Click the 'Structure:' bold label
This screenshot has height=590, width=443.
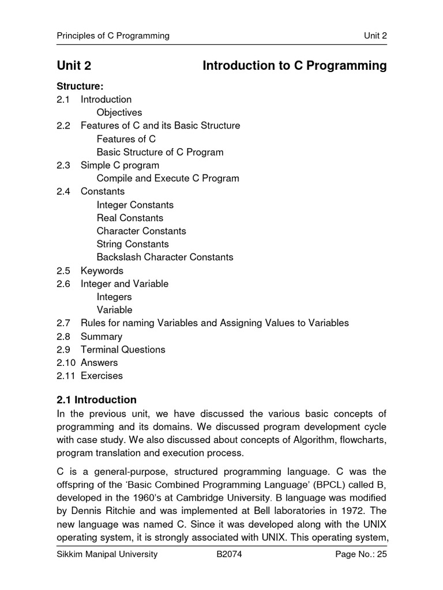coord(80,86)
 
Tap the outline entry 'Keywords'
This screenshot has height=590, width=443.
coord(102,270)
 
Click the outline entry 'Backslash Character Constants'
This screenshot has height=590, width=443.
coord(164,257)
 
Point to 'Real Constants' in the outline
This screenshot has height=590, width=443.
coord(130,218)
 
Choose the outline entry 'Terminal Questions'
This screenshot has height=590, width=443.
coord(122,349)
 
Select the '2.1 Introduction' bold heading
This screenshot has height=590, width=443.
coord(96,400)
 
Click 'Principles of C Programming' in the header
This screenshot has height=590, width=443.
coord(113,36)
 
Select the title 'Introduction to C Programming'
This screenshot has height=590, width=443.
coord(294,66)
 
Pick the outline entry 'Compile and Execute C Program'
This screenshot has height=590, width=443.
coord(167,178)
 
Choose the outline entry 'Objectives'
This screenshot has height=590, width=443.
coord(119,112)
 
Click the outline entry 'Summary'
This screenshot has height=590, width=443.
coord(101,336)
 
